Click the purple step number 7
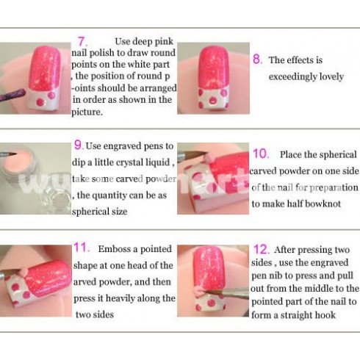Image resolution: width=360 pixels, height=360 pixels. (x=82, y=41)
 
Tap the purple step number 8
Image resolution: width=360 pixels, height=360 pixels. (x=258, y=59)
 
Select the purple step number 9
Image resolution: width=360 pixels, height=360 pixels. (x=79, y=145)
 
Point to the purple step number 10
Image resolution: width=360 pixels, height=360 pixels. (x=261, y=154)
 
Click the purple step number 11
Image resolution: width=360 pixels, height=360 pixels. (x=82, y=248)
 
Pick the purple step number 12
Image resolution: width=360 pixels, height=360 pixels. (x=262, y=249)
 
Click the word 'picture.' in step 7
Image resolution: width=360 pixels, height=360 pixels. (x=87, y=112)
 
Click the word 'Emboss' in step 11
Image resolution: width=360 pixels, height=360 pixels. (x=115, y=249)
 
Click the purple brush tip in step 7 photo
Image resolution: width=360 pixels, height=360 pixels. (x=12, y=95)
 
